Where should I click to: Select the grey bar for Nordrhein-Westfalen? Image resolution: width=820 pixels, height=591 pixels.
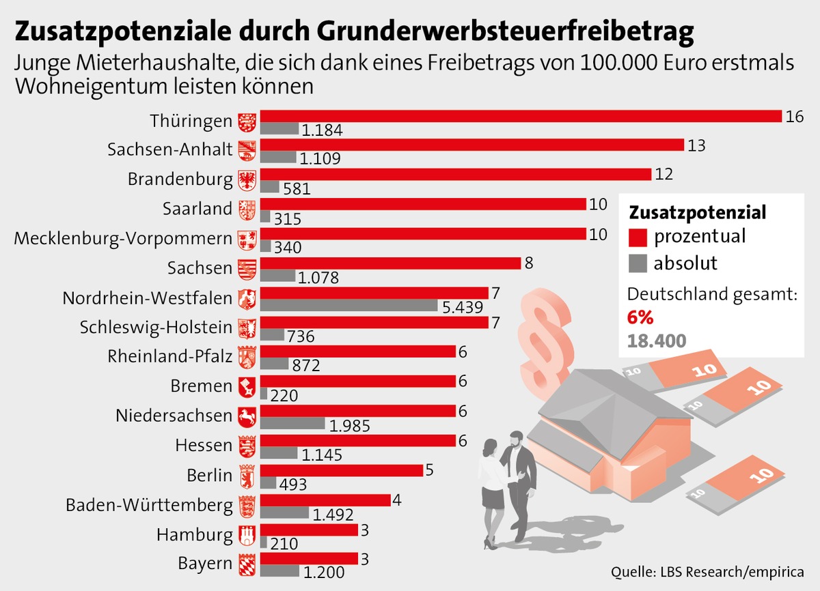(348, 305)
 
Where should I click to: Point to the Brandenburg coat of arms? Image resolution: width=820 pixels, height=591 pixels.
(246, 179)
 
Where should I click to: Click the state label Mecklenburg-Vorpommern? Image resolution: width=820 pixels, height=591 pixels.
(123, 239)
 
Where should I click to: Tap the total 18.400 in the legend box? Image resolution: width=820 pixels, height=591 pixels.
(657, 341)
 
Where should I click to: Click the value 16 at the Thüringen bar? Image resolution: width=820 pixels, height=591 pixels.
(793, 117)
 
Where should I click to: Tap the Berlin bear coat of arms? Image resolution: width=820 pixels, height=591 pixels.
(246, 474)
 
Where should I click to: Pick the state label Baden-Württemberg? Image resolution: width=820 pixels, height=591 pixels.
(150, 505)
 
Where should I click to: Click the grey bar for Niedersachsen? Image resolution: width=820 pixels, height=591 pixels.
(292, 423)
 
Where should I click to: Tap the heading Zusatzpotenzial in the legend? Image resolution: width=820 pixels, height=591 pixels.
(697, 212)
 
